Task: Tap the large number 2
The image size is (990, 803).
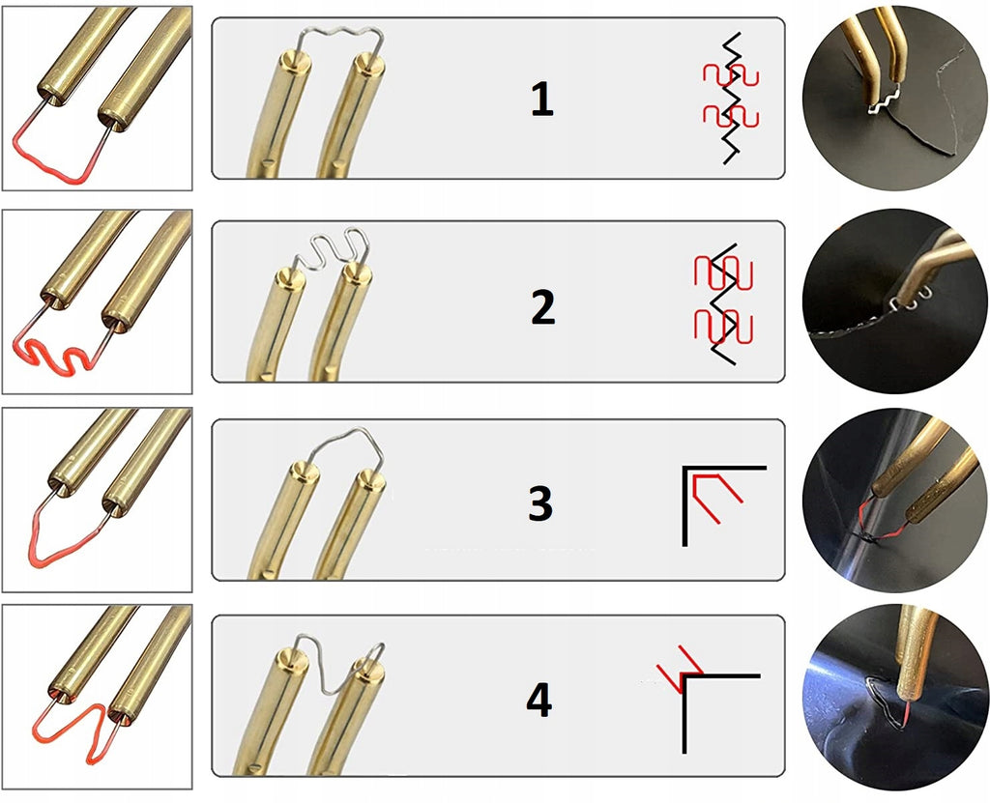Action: click(x=543, y=307)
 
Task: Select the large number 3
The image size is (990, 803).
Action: click(x=540, y=503)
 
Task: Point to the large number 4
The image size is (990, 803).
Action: click(x=539, y=700)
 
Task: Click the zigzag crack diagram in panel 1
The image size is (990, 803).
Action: click(x=731, y=98)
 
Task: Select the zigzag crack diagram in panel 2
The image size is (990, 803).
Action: click(x=723, y=303)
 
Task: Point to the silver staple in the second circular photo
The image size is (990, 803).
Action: click(x=908, y=303)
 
